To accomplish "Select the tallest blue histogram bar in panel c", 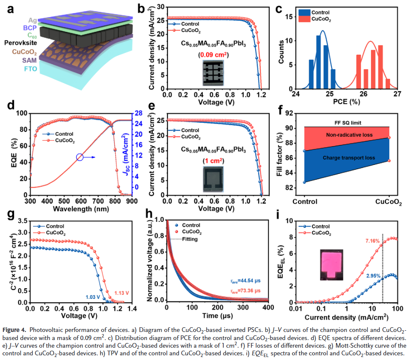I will (318, 62).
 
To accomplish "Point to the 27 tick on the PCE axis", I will (398, 94).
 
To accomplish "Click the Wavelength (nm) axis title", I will (80, 209).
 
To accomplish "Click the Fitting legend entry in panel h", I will (187, 240).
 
